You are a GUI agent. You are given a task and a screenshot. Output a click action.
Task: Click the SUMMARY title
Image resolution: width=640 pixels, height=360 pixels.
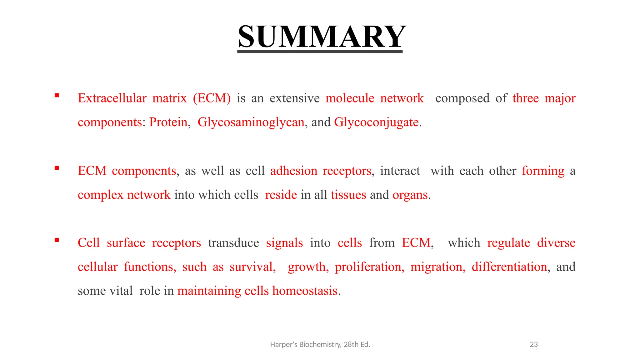click(x=322, y=37)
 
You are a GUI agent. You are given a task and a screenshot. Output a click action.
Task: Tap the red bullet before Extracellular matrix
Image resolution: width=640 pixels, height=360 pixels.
click(x=57, y=96)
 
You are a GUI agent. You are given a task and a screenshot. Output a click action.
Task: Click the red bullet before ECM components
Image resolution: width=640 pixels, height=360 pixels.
click(x=57, y=168)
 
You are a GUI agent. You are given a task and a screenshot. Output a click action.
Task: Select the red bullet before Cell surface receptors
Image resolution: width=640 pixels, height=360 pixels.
click(x=57, y=240)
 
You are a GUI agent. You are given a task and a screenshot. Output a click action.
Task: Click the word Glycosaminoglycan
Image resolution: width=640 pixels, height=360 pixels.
click(x=251, y=122)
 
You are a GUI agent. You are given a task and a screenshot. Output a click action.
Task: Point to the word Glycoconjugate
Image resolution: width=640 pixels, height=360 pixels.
click(x=376, y=122)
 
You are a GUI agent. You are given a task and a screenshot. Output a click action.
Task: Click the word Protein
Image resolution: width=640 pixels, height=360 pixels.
click(x=168, y=122)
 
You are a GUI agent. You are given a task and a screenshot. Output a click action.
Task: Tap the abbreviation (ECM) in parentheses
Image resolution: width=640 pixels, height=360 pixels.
click(x=212, y=98)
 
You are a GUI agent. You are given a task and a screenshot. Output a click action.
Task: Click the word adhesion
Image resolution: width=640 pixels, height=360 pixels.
click(x=293, y=171)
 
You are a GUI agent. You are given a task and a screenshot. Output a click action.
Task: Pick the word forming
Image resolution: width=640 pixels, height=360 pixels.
click(x=543, y=171)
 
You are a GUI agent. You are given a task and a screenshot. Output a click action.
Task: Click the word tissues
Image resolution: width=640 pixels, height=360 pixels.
click(x=348, y=195)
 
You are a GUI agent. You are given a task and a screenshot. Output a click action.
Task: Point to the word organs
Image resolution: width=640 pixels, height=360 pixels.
click(x=410, y=195)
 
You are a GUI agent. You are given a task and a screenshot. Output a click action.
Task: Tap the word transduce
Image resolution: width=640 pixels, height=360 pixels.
click(x=233, y=243)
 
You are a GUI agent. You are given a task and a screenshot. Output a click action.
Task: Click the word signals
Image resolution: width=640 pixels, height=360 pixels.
click(x=284, y=243)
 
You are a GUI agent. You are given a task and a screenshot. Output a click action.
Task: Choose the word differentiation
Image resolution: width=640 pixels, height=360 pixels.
click(x=509, y=267)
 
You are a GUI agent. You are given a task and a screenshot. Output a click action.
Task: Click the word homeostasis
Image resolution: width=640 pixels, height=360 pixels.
click(x=305, y=291)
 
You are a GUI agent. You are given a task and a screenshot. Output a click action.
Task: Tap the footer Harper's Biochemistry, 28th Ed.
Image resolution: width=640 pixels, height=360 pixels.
click(x=320, y=344)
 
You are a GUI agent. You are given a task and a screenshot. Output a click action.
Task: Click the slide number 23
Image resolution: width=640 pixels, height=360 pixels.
click(x=534, y=344)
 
